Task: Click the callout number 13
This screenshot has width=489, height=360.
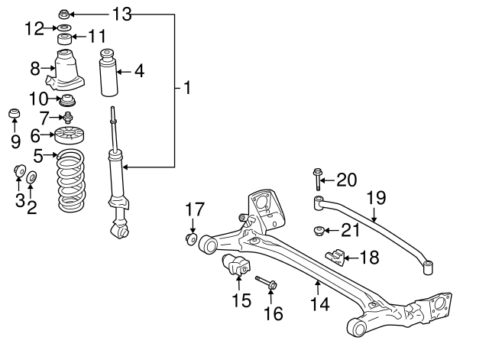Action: [x=121, y=13]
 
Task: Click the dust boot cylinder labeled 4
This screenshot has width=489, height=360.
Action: [x=110, y=73]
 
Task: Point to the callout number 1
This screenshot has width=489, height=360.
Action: [x=186, y=89]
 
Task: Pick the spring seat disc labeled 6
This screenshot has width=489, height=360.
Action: [x=71, y=138]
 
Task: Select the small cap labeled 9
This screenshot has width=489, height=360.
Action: [x=13, y=116]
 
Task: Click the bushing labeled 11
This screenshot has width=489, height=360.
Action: [x=66, y=39]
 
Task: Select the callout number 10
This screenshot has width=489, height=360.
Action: [x=38, y=98]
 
